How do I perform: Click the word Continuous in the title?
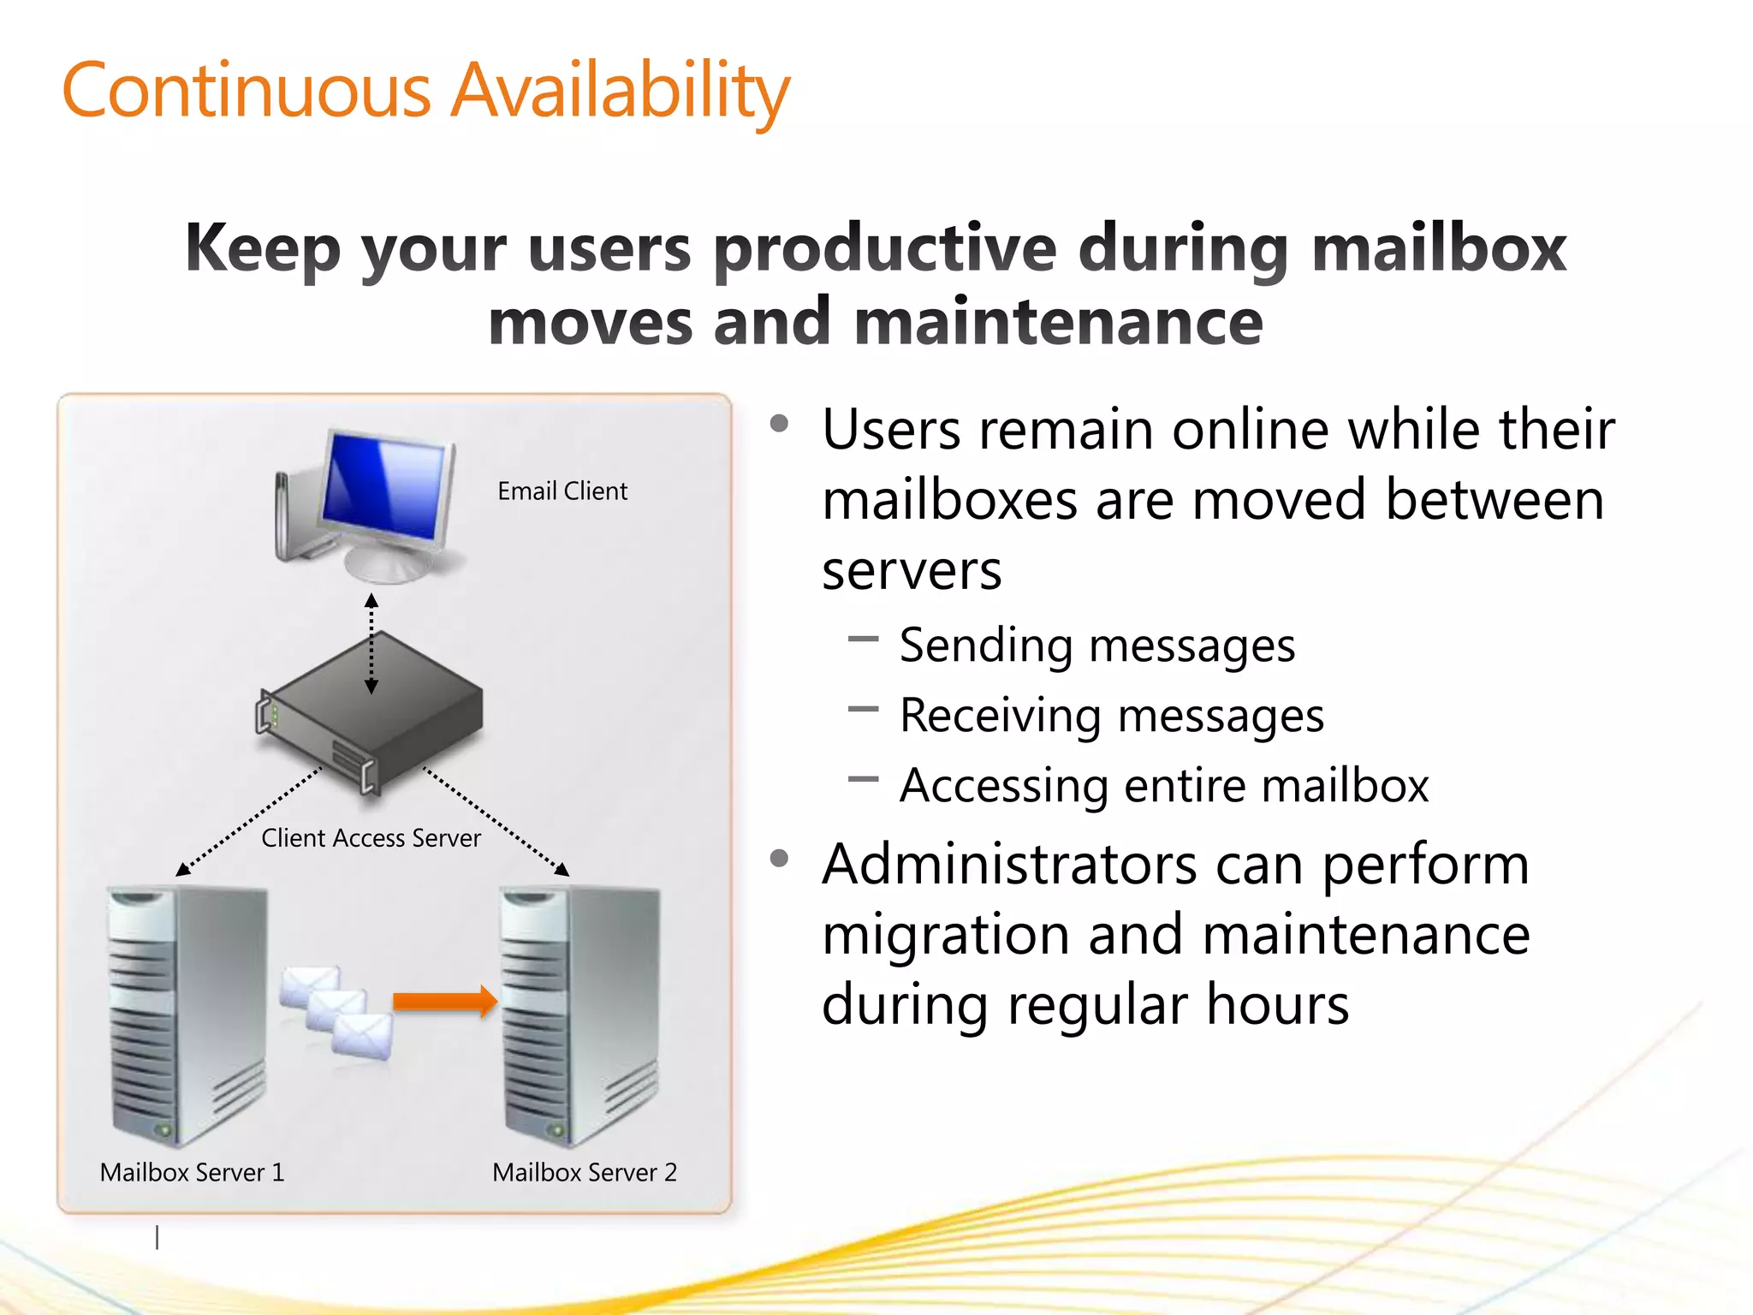(247, 91)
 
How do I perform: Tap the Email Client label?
(562, 491)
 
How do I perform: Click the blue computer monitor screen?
(385, 485)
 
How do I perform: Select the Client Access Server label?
(371, 838)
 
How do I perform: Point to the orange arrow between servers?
(445, 1001)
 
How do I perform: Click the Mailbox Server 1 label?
(192, 1172)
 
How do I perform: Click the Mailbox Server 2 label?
(585, 1172)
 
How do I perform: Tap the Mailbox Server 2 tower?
(580, 1015)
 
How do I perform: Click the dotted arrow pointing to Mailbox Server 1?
(248, 821)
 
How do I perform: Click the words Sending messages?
(1097, 646)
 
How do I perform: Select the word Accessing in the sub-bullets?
(1003, 786)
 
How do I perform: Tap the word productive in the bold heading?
(886, 248)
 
